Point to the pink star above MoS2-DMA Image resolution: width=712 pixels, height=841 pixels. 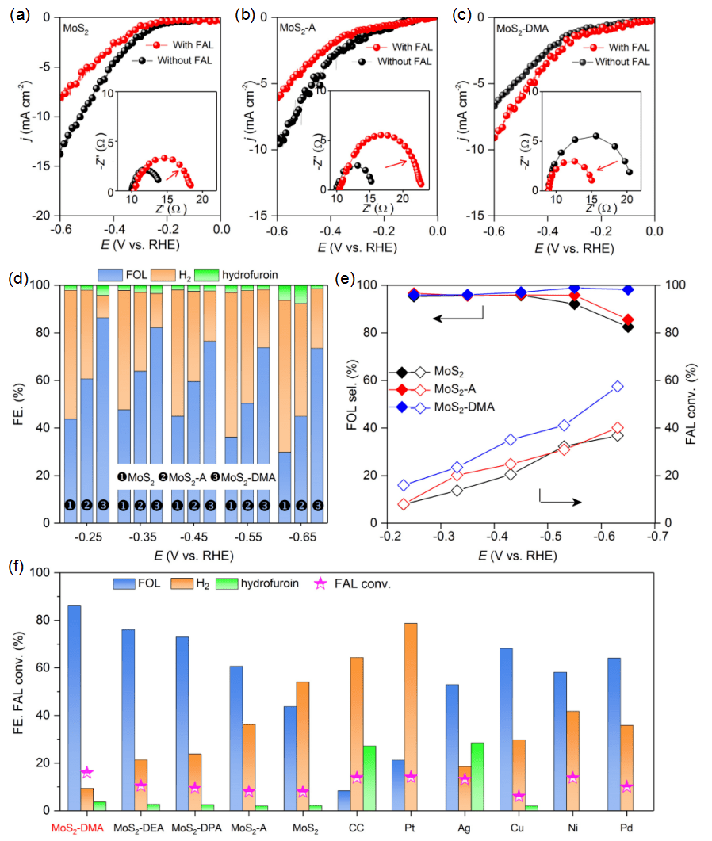pyautogui.click(x=86, y=772)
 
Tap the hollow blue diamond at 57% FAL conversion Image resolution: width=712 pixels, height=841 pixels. pyautogui.click(x=618, y=387)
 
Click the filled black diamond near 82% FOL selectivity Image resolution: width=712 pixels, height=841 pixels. pyautogui.click(x=628, y=327)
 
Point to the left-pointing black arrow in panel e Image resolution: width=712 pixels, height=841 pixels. pyautogui.click(x=457, y=317)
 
